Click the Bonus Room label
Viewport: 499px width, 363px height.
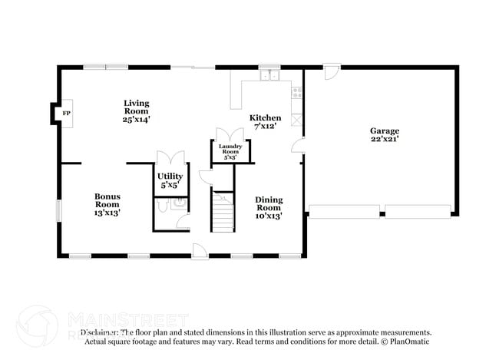(107, 200)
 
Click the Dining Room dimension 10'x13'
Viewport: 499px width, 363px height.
(269, 216)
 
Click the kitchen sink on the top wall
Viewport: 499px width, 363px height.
(269, 76)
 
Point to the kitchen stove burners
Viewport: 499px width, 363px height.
(297, 94)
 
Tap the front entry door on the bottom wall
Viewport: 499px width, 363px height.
(199, 250)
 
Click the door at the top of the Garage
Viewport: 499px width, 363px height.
(331, 74)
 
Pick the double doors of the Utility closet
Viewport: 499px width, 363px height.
(170, 158)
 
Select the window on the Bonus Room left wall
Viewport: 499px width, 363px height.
(58, 211)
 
